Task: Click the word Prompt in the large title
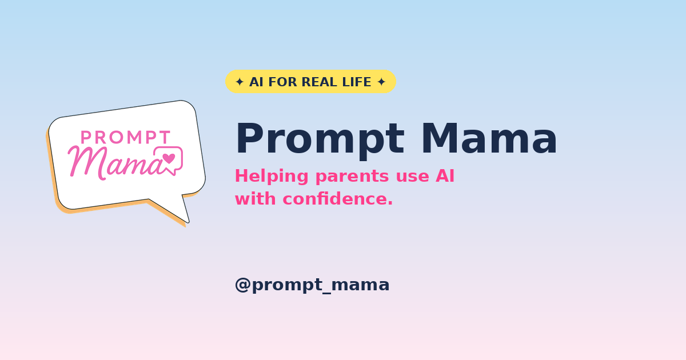[x=320, y=139]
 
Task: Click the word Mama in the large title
[x=489, y=138]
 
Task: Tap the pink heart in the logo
[x=169, y=158]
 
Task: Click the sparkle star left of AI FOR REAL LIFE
[x=240, y=82]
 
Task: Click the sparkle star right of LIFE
[x=381, y=82]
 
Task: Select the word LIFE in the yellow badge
[x=357, y=82]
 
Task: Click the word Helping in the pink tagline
[x=272, y=177]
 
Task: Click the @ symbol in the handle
[x=243, y=285]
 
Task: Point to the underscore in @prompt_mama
[x=327, y=293]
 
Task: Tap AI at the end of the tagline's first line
[x=445, y=176]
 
